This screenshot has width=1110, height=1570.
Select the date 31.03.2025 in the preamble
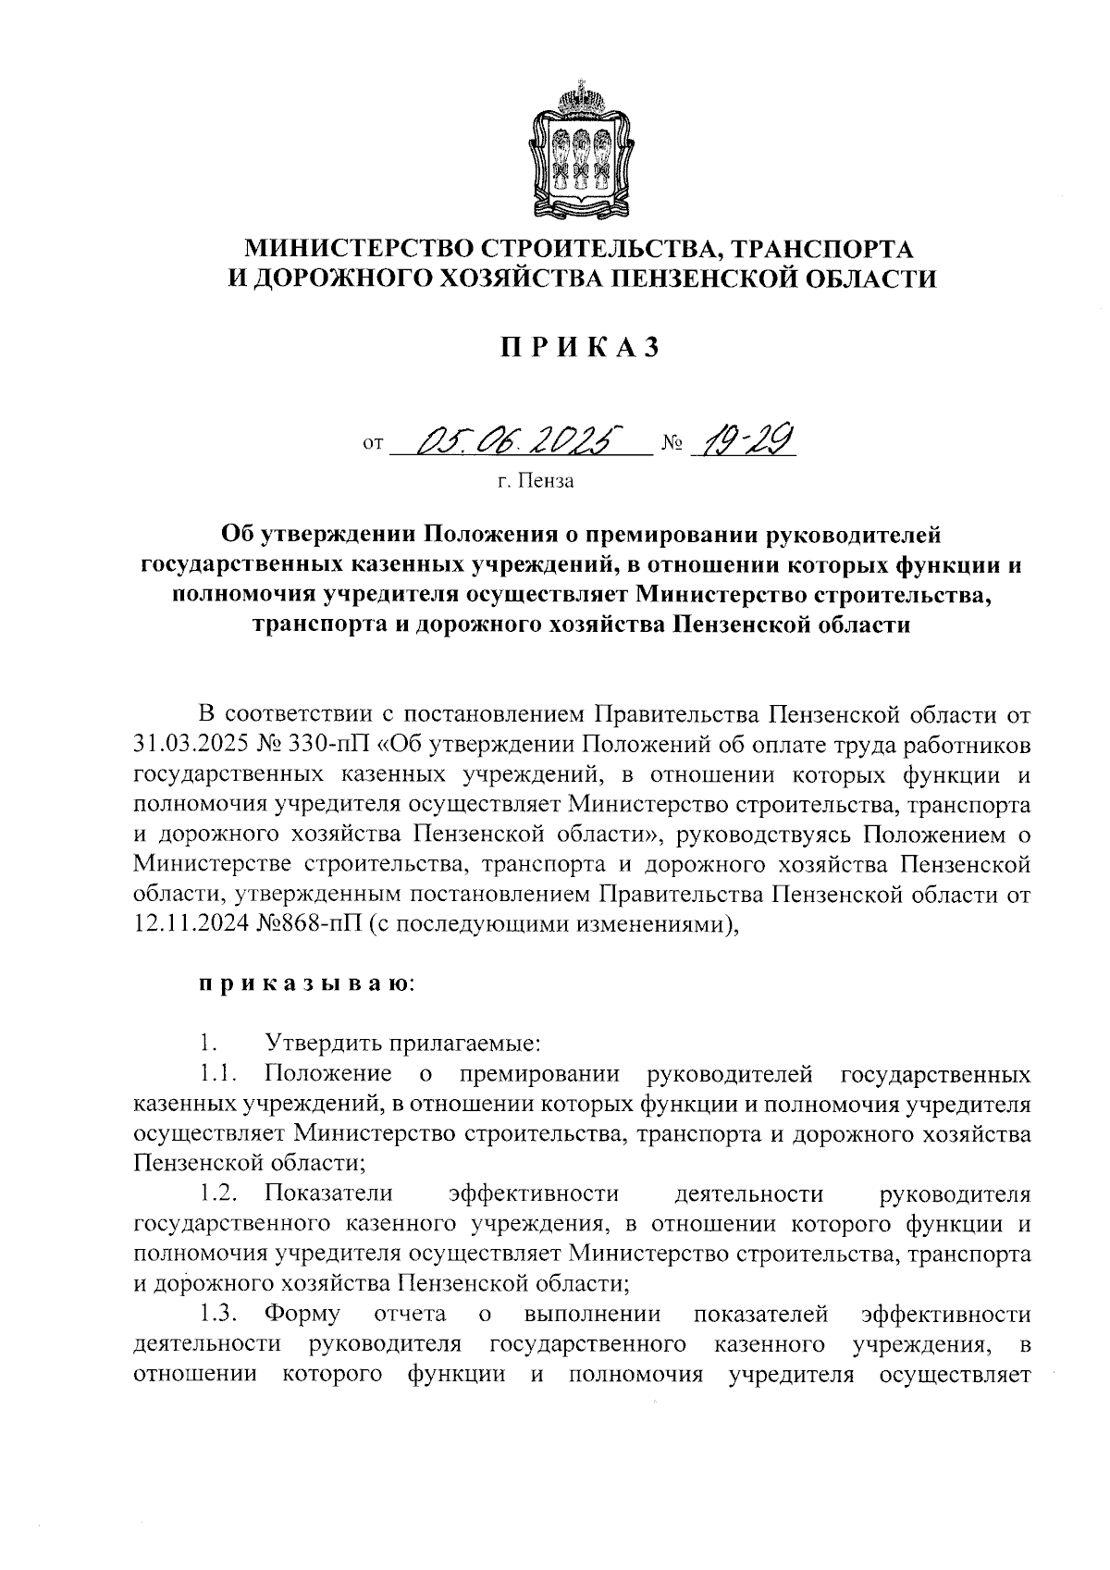pos(193,746)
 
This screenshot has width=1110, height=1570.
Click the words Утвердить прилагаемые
pos(402,1044)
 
